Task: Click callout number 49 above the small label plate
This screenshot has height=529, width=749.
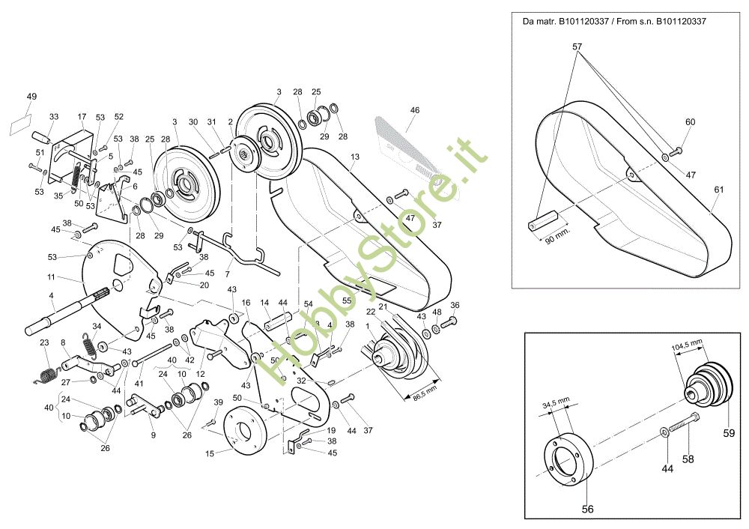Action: (x=31, y=97)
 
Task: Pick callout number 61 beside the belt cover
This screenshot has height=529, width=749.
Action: (x=719, y=190)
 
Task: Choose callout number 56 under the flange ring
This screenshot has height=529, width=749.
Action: (x=587, y=509)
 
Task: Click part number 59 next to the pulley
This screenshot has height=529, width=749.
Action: (x=730, y=432)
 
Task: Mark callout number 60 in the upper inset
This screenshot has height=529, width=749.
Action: (x=690, y=122)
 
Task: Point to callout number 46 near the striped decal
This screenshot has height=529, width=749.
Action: (x=414, y=110)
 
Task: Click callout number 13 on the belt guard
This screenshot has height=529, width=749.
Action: (x=355, y=157)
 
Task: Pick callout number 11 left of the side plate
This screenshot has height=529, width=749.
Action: (x=51, y=277)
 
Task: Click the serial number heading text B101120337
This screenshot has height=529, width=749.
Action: (x=614, y=21)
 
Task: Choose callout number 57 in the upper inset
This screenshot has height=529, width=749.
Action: (x=577, y=46)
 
